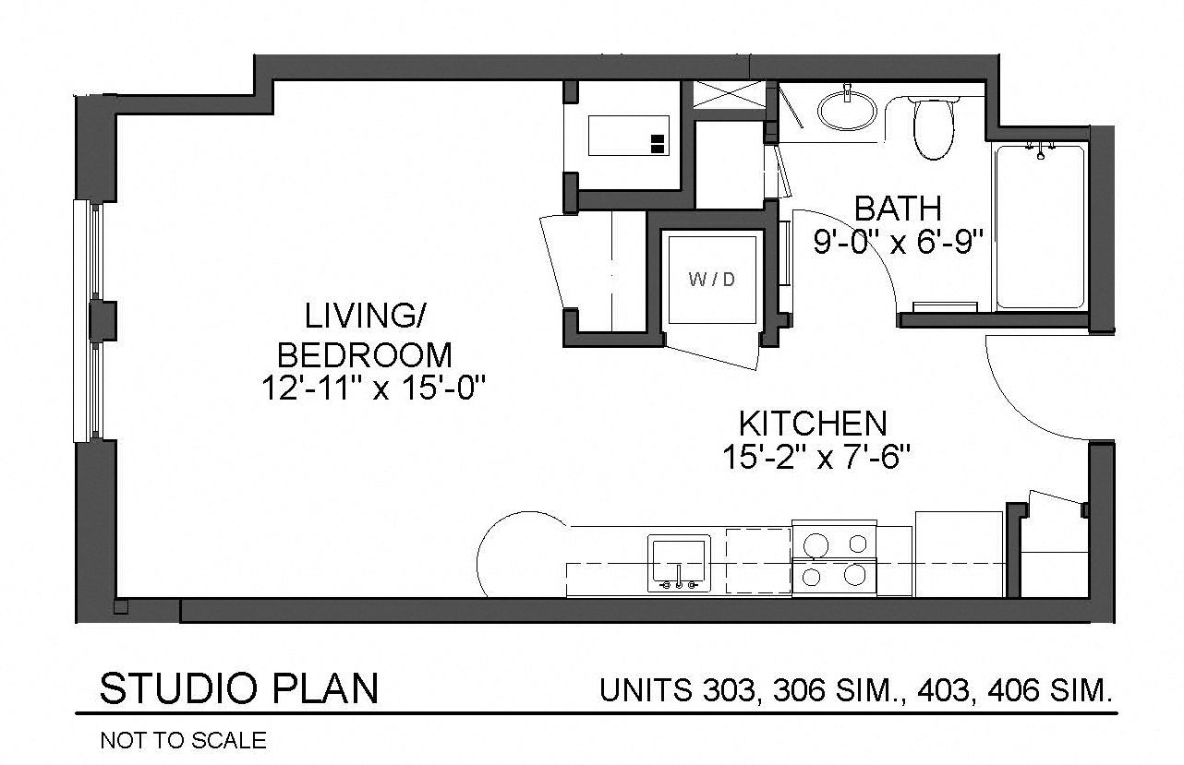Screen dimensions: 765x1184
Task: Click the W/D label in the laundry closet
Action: pos(712,280)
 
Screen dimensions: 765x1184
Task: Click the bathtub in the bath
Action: pos(1039,227)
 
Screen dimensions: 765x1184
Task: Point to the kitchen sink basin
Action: pos(679,559)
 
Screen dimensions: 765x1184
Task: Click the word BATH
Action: pos(897,209)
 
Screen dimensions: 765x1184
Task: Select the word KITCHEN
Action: pos(813,424)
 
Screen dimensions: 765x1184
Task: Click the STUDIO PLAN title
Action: pos(239,689)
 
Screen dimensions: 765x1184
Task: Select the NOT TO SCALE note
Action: pos(183,740)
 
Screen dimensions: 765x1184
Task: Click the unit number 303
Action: pos(730,690)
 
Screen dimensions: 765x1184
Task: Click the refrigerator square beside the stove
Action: pos(959,555)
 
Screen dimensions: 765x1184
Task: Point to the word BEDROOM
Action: pos(366,355)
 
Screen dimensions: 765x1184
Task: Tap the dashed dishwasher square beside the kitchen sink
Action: pos(758,559)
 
